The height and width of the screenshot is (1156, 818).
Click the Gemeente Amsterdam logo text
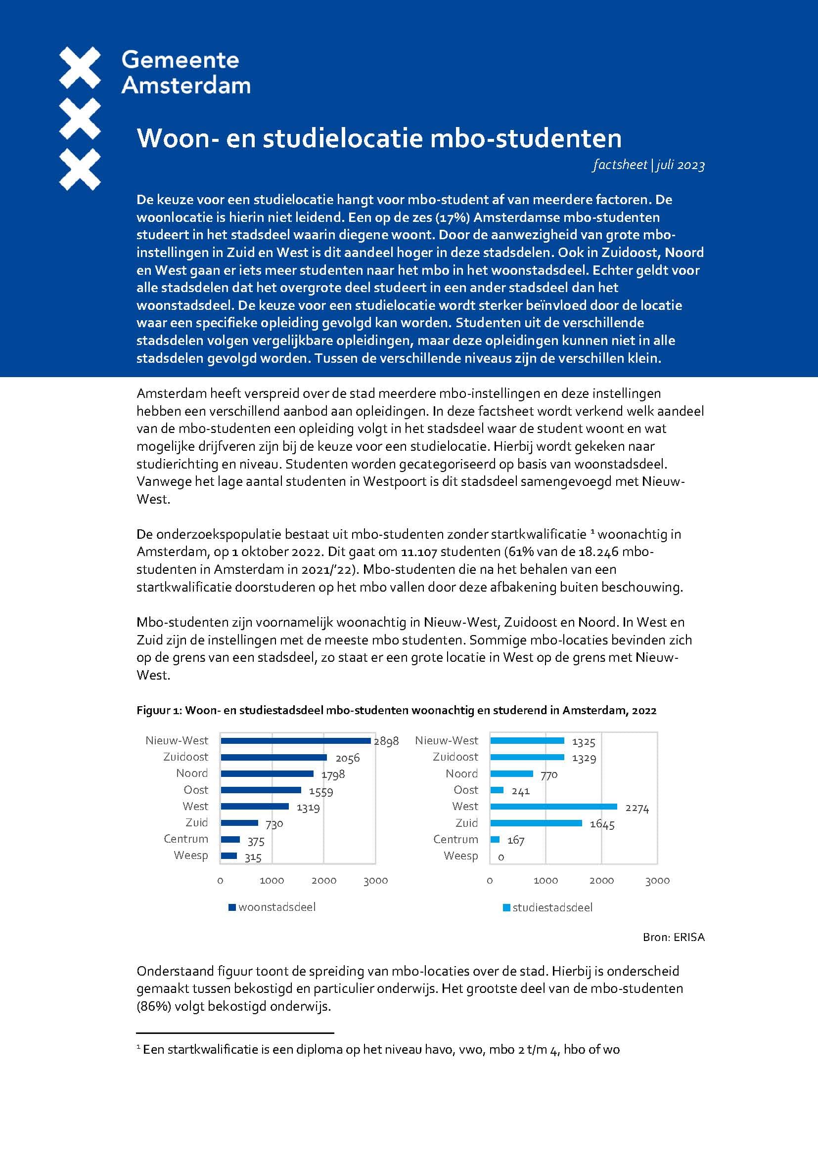(x=185, y=73)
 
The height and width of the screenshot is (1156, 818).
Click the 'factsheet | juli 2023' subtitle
(x=648, y=165)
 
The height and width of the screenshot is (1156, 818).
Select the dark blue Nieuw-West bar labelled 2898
(x=295, y=741)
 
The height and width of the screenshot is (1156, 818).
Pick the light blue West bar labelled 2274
(x=553, y=807)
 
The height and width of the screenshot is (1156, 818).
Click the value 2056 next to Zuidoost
(x=348, y=758)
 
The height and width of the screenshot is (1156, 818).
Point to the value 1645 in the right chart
(x=602, y=824)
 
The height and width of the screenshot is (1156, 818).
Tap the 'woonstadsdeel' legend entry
(x=276, y=907)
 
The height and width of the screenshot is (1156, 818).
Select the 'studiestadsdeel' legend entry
(x=552, y=908)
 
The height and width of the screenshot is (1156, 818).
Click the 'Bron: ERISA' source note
(x=674, y=937)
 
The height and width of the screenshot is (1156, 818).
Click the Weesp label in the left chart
(x=190, y=856)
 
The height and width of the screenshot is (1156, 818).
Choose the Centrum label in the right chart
(x=455, y=839)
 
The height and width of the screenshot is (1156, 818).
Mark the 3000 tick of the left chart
(x=376, y=881)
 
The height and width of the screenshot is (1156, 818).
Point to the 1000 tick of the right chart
(x=545, y=881)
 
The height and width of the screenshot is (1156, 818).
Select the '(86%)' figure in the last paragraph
(x=153, y=1006)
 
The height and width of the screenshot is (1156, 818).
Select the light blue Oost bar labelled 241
(x=497, y=790)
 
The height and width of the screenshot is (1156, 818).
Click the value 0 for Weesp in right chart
(x=500, y=857)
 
